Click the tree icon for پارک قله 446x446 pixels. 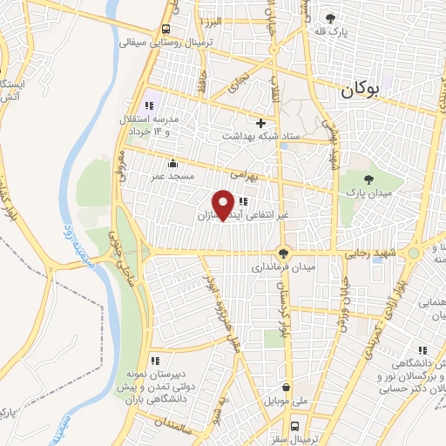329,17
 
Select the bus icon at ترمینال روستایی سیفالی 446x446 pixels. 166,27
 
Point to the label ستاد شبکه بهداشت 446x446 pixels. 260,136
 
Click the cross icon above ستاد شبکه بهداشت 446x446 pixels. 260,123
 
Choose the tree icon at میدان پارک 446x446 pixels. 369,178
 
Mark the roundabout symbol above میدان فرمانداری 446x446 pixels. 282,253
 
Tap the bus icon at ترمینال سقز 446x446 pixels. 294,427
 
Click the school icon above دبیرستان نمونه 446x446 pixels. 154,360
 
